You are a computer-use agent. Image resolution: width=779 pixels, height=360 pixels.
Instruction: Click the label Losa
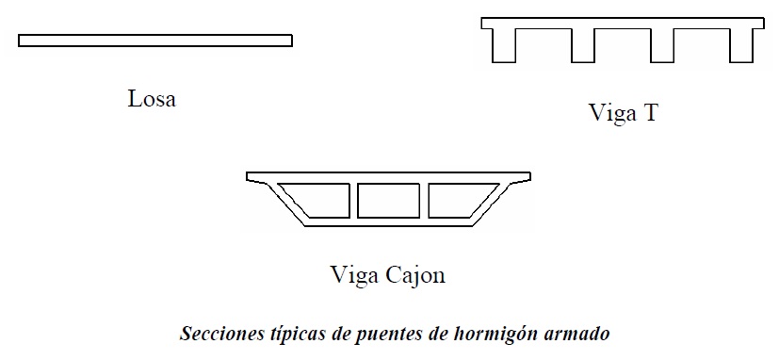[x=152, y=98]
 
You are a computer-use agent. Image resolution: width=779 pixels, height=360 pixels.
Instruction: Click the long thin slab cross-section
[x=155, y=41]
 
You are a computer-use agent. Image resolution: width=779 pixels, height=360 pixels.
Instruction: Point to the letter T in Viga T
[x=650, y=114]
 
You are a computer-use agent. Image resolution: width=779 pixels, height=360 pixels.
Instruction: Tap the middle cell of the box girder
[x=387, y=200]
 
